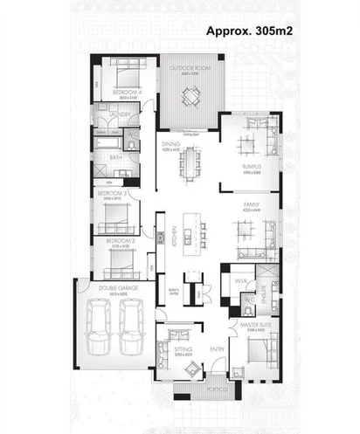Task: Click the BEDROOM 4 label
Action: coord(123,93)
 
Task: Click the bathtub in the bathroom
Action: coord(110,142)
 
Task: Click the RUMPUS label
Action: coord(253,165)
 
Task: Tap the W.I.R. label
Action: coord(241,280)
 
